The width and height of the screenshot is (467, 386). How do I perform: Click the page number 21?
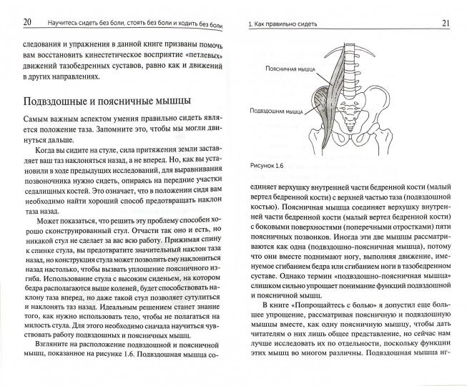(x=446, y=24)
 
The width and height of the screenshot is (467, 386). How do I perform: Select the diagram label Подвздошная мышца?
(x=274, y=112)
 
